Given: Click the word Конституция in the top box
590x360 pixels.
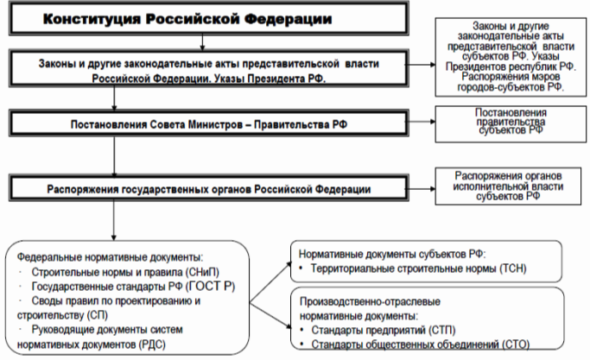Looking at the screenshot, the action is (92, 19).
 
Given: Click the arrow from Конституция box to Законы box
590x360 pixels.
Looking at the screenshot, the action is (202, 42).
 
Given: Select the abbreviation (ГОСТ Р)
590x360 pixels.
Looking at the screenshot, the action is (210, 287).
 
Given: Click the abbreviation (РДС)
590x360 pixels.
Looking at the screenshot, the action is (152, 344).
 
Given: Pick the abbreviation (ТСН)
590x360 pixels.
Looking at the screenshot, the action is (513, 268).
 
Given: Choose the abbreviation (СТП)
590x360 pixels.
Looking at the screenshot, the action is (441, 331).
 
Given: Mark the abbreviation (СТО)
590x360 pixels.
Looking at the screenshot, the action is (516, 344).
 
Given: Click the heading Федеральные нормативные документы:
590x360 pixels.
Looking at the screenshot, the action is (110, 257).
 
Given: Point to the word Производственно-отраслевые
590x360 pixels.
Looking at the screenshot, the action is (370, 301).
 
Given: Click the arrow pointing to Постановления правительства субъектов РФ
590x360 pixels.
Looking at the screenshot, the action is (421, 122).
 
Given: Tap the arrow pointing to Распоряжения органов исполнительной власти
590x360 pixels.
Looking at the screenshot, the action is (421, 189).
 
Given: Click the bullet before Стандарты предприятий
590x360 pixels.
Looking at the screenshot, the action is (301, 330).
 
